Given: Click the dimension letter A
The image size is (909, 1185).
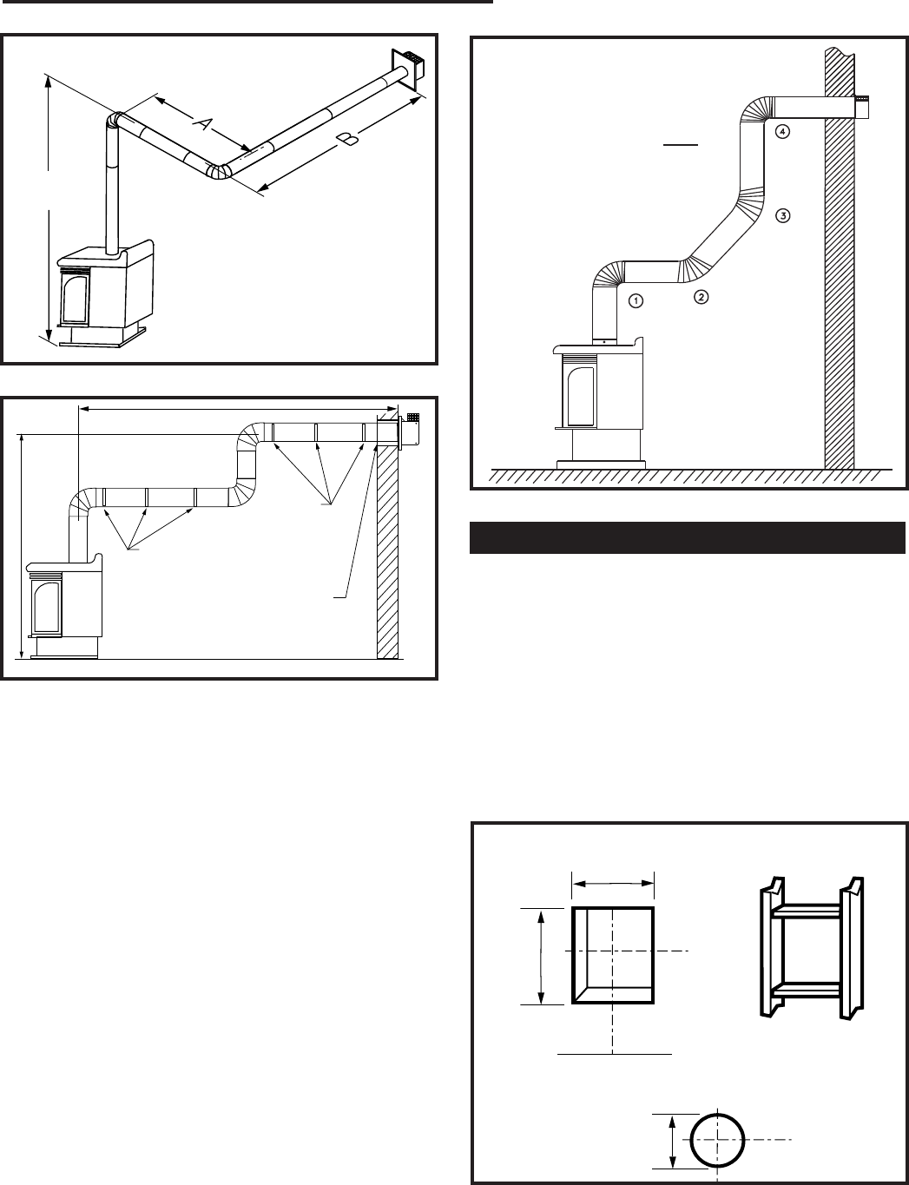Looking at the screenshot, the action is coord(202,123).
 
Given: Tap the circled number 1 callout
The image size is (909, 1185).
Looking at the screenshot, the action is coord(636,301).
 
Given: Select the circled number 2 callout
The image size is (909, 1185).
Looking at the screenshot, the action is coord(702,297).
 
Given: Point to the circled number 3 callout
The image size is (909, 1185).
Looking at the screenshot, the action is coord(782,216).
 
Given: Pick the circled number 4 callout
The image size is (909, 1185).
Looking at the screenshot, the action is coord(782,131).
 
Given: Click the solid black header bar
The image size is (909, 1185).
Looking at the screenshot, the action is coord(688,537).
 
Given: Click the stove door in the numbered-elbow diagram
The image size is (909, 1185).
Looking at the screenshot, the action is coord(580,395).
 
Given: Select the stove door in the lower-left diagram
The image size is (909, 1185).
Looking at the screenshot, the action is coord(47,606).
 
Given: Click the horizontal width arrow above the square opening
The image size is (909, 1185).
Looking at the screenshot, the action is coord(613,884).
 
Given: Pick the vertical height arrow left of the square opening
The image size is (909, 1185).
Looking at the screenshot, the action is coord(542,957).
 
